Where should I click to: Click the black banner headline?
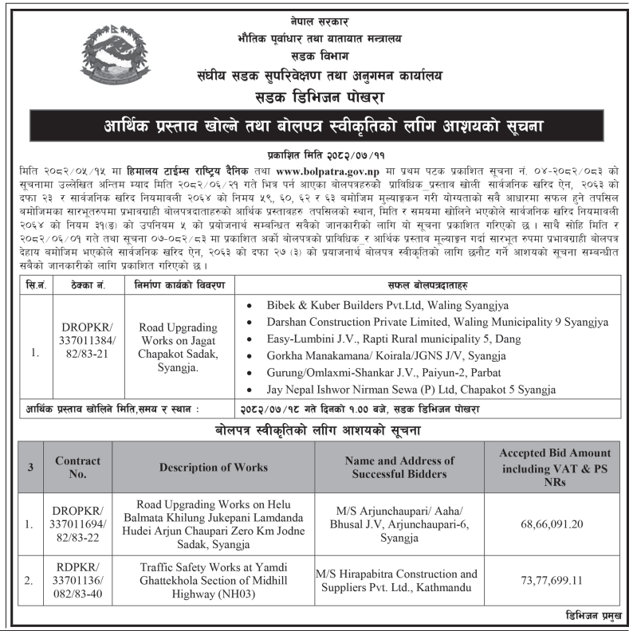(x=316, y=126)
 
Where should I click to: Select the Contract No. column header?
(x=77, y=468)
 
